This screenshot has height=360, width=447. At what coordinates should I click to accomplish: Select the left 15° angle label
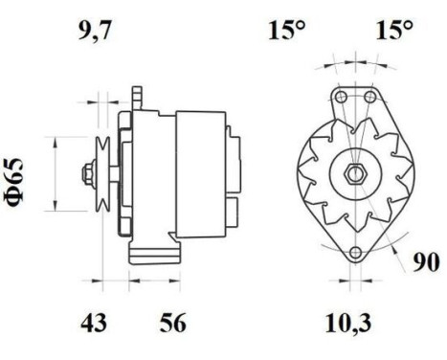284,31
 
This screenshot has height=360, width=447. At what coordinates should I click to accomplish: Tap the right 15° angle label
392,31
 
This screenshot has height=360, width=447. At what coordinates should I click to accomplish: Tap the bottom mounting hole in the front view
356,253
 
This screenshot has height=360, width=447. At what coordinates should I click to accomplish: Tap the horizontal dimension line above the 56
153,281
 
